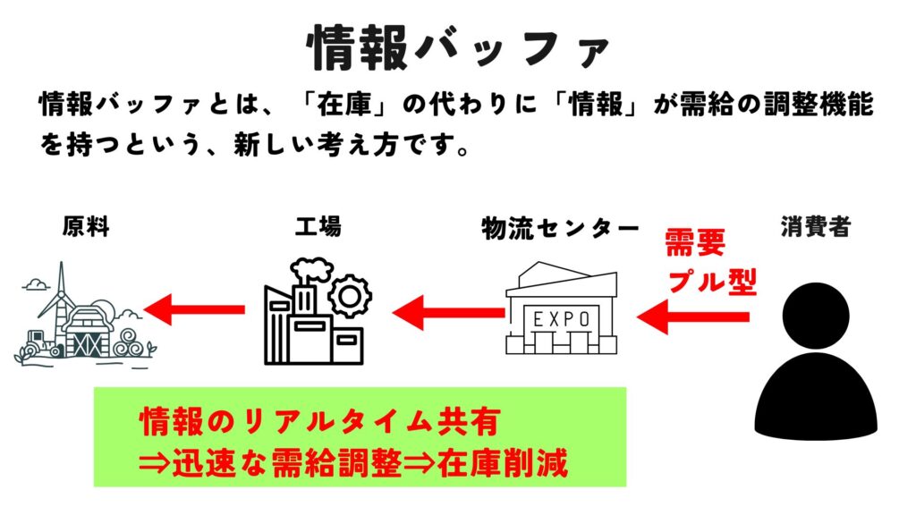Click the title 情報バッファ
pos(458,46)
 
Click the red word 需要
pos(694,243)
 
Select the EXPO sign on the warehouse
pos(561,318)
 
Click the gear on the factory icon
pos(350,296)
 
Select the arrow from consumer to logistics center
pos(693,317)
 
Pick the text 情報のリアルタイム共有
pos(319,418)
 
